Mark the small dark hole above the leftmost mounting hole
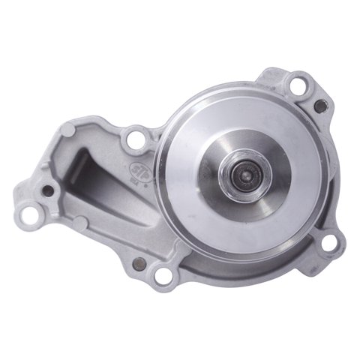tap(49, 190)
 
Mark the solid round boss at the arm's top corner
tap(69, 131)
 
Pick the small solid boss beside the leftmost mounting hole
tap(78, 222)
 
